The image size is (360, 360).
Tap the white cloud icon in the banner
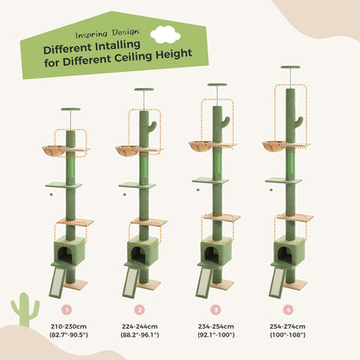[160, 34]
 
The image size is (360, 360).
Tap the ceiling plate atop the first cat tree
[70, 110]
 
